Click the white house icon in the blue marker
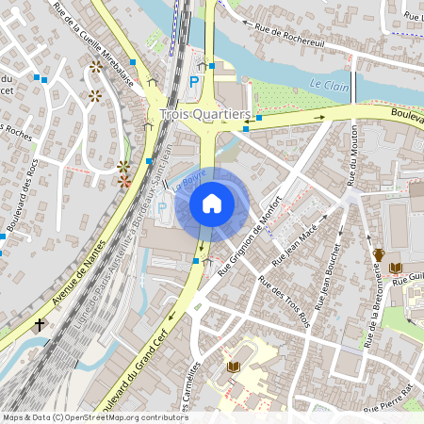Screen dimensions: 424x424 [212, 203]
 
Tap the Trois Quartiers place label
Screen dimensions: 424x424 [206, 113]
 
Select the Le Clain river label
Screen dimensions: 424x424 [328, 84]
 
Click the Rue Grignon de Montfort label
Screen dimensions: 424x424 [251, 241]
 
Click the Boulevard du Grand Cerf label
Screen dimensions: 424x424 [139, 369]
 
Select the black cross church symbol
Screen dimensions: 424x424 [40, 325]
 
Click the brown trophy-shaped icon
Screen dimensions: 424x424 [378, 254]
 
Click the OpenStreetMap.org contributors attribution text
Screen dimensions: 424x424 [122, 417]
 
